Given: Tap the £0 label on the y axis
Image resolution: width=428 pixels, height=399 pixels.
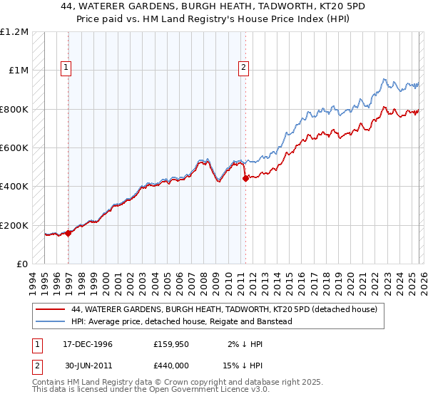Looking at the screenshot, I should click(x=23, y=264).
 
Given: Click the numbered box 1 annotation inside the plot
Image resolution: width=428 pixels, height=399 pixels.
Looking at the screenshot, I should click(x=66, y=68).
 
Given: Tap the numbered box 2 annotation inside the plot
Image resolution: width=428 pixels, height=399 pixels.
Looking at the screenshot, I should click(x=243, y=68).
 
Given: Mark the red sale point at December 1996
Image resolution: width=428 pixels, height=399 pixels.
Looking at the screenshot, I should click(x=68, y=233).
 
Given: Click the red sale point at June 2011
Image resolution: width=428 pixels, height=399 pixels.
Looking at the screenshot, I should click(x=245, y=179).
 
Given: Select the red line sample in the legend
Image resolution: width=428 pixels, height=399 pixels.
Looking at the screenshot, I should click(x=51, y=309).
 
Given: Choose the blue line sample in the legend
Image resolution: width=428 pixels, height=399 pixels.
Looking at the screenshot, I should click(x=51, y=321).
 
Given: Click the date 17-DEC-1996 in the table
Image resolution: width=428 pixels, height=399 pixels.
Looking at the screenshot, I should click(x=83, y=344).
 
